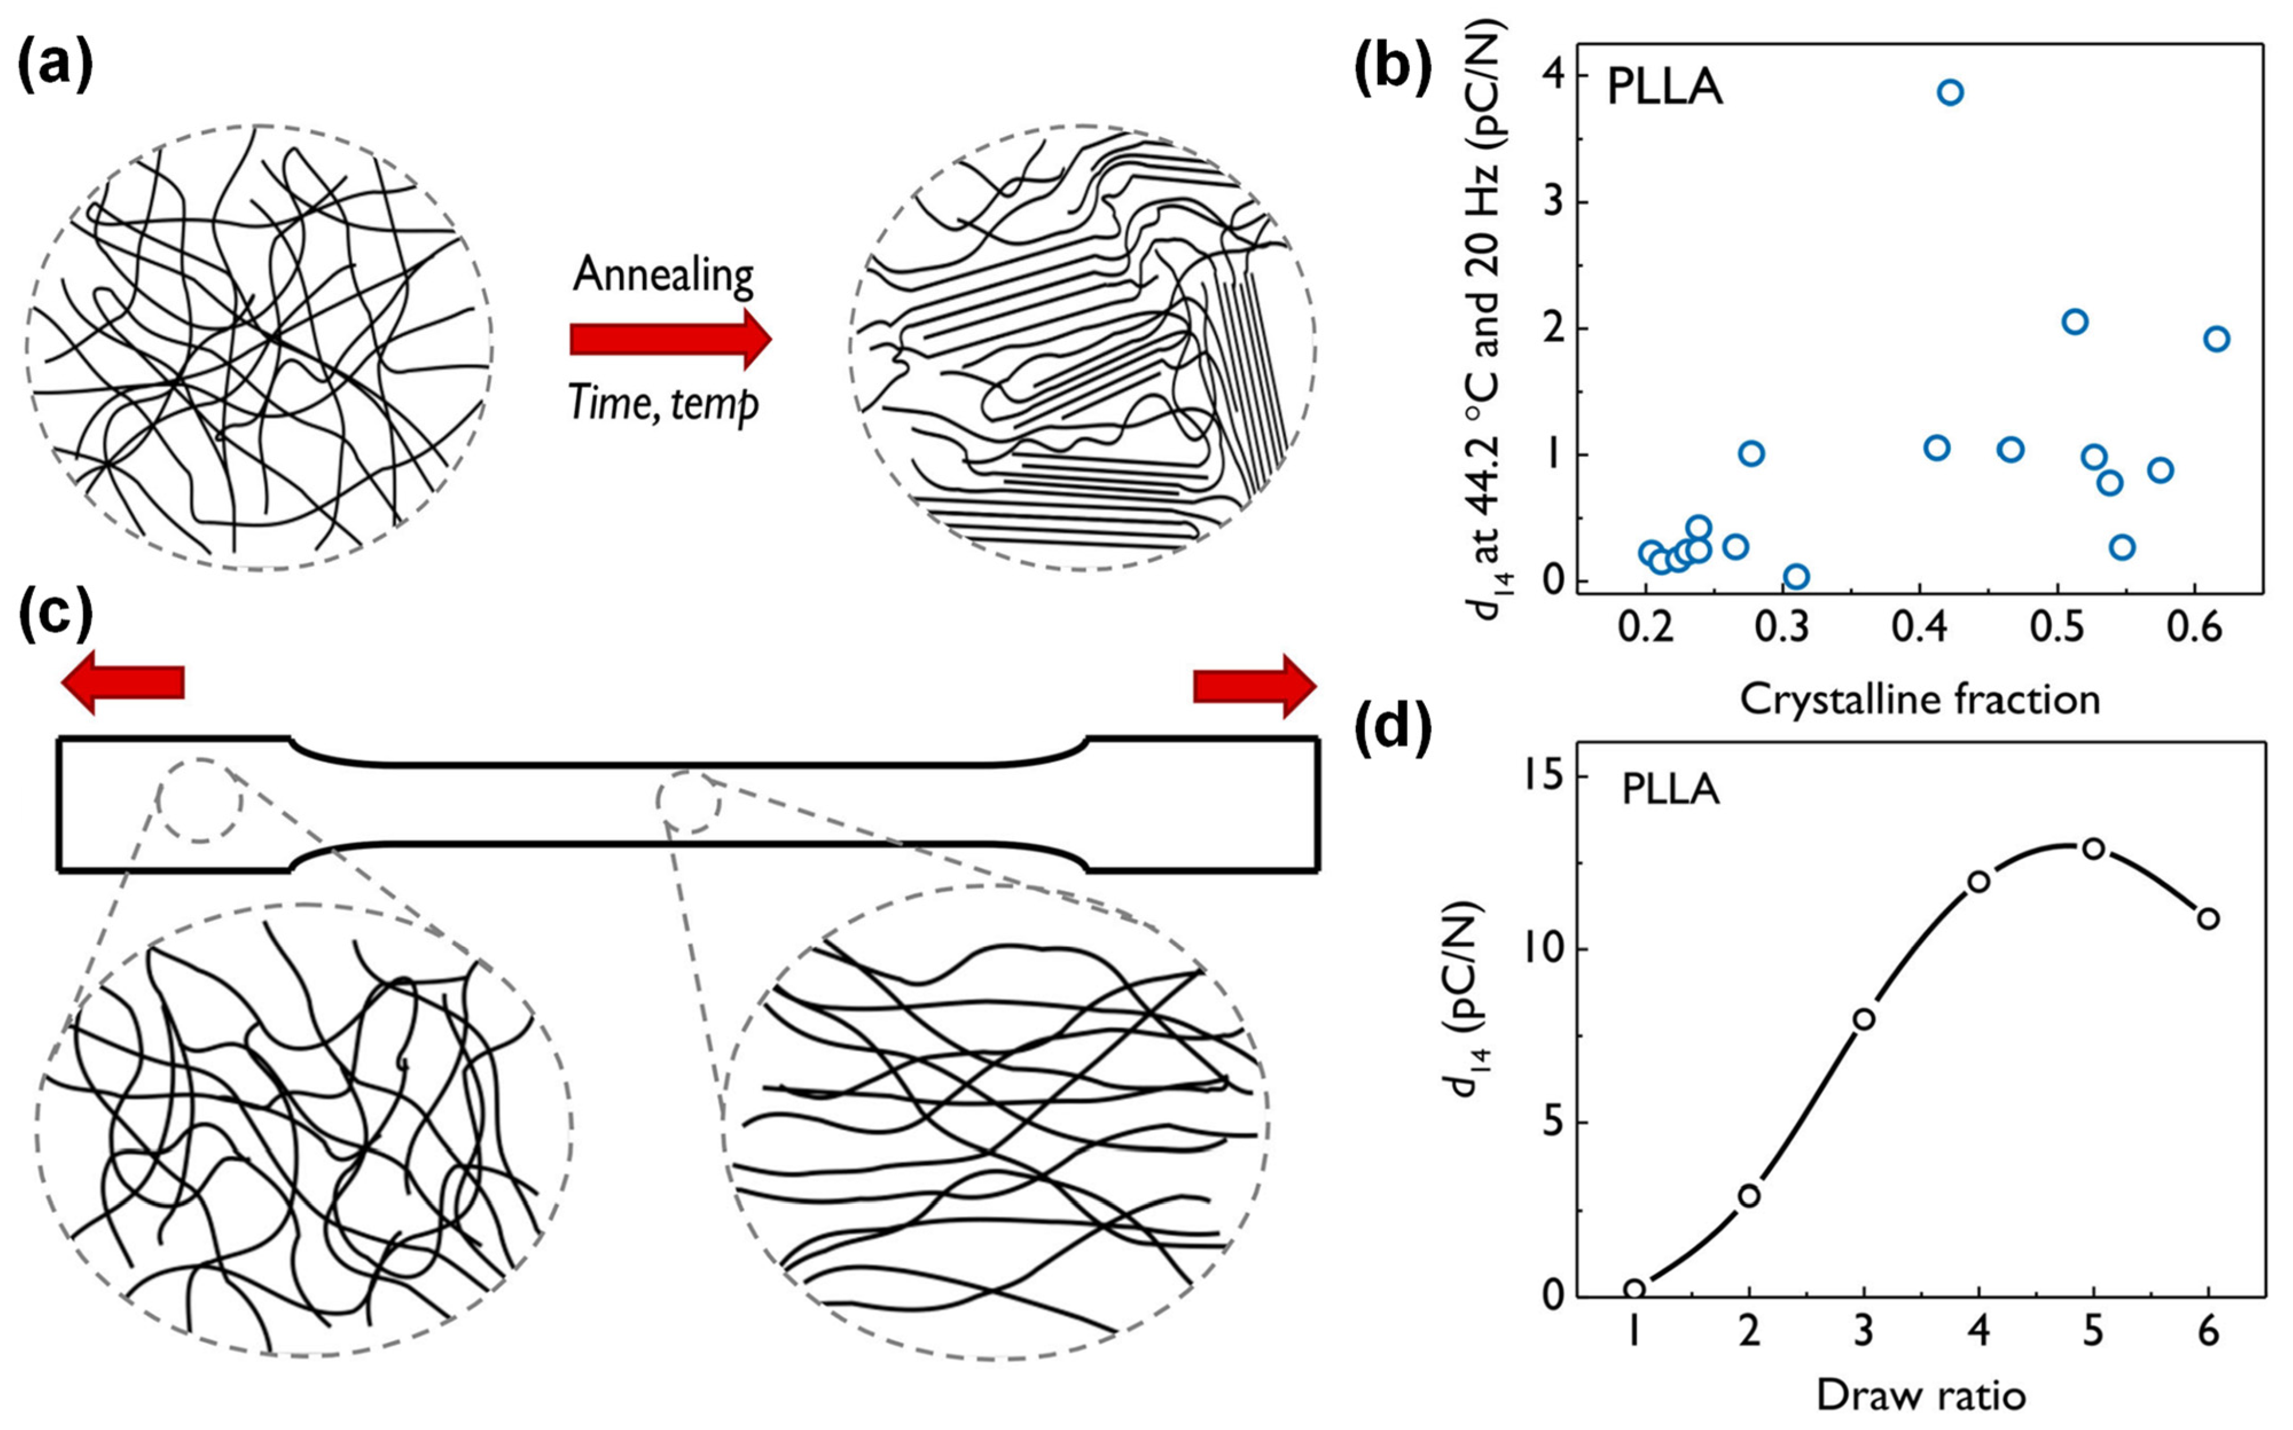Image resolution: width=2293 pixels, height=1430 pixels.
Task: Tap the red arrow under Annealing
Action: point(670,339)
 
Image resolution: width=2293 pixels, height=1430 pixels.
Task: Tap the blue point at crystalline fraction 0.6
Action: point(2216,339)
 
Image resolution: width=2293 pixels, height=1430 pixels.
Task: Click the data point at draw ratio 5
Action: point(2094,848)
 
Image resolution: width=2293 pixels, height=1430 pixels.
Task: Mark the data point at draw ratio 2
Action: point(1749,1196)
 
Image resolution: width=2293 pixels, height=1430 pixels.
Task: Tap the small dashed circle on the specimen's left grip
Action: point(199,800)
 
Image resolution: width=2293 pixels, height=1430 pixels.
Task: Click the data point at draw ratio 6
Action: point(2208,918)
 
